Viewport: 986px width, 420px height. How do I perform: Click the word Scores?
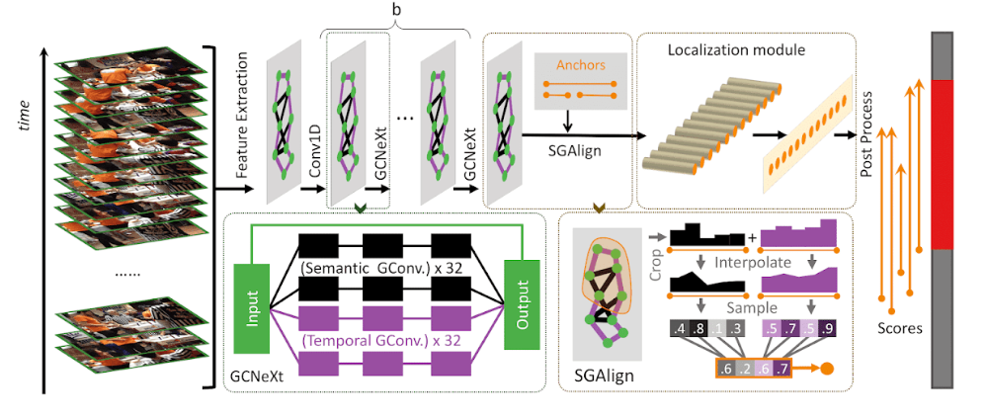click(899, 328)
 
